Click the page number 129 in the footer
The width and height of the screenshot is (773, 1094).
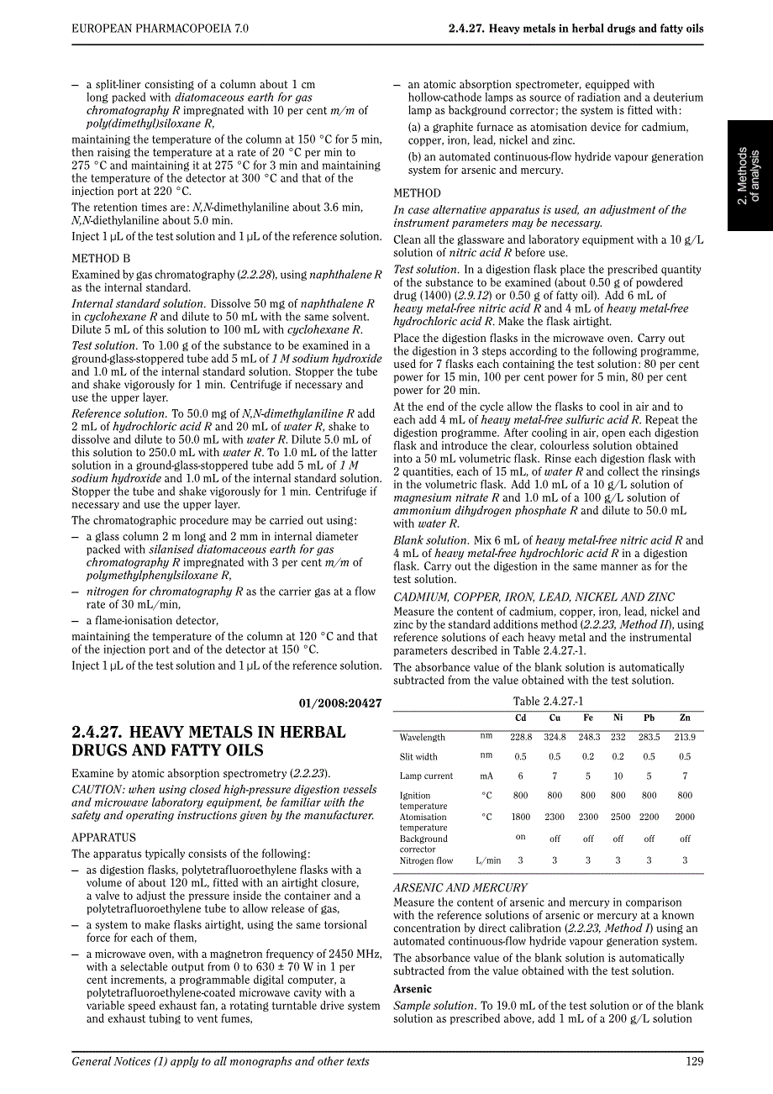pyautogui.click(x=694, y=1061)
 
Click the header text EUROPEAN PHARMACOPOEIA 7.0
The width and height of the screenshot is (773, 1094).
pyautogui.click(x=160, y=29)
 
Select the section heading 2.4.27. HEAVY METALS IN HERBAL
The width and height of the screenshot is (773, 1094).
pyautogui.click(x=208, y=732)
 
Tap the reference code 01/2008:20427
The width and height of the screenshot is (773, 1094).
pyautogui.click(x=340, y=702)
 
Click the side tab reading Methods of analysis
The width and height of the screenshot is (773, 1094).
pyautogui.click(x=749, y=176)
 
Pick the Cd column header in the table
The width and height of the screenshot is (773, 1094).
pyautogui.click(x=521, y=718)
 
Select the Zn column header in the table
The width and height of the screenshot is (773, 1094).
pyautogui.click(x=685, y=718)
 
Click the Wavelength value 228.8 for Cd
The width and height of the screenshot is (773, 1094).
pyautogui.click(x=521, y=737)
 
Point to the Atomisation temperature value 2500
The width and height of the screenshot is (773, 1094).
pyautogui.click(x=620, y=816)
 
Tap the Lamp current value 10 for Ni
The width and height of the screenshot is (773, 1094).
pyautogui.click(x=618, y=776)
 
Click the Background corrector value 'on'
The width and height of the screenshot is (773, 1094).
pyautogui.click(x=521, y=837)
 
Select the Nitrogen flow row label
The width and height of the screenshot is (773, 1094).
pyautogui.click(x=426, y=860)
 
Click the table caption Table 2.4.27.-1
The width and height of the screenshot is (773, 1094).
pyautogui.click(x=548, y=702)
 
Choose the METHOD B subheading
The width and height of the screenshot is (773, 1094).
pyautogui.click(x=101, y=259)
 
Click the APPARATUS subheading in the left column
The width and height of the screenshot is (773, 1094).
pyautogui.click(x=103, y=838)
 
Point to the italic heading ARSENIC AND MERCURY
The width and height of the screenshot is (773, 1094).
pyautogui.click(x=460, y=887)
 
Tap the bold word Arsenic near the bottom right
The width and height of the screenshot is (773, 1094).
pyautogui.click(x=412, y=989)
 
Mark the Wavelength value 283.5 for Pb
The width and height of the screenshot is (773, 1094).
pyautogui.click(x=649, y=737)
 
